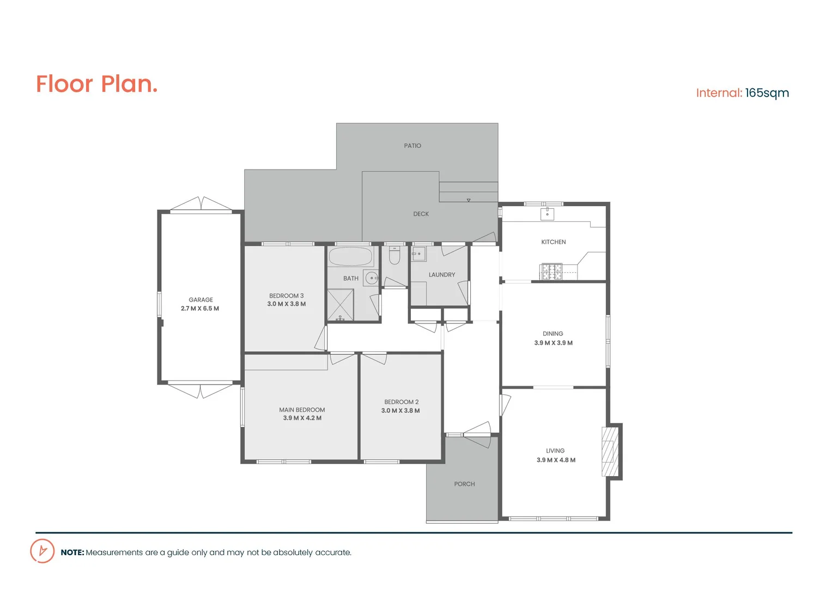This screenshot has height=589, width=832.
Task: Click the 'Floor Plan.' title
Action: pos(97,84)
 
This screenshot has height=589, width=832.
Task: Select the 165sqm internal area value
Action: pos(767,93)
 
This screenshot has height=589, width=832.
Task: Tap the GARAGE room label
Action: pos(201,299)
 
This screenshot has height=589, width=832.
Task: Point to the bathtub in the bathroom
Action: pos(350,256)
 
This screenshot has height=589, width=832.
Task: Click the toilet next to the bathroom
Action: pos(394,256)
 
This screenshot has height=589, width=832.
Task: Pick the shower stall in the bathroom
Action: pos(340,305)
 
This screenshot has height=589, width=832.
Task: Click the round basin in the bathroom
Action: pos(372,278)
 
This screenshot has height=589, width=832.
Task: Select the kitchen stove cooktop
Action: pos(551,271)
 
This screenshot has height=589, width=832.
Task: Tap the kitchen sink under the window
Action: pos(547,213)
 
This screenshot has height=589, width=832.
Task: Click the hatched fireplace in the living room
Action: pos(610,451)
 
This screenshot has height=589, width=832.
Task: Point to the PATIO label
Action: pos(412,146)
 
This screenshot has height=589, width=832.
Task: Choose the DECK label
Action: pos(421,214)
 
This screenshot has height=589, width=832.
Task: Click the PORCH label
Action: pos(464,484)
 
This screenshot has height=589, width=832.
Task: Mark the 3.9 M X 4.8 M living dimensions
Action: pos(556,460)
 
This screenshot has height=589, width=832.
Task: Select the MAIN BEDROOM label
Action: pos(302,410)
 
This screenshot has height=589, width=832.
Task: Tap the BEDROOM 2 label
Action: pos(401,402)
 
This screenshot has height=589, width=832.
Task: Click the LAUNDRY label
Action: pos(441,275)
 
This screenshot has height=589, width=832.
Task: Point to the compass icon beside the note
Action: pos(42,551)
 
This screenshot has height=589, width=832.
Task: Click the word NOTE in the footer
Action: pos(72,552)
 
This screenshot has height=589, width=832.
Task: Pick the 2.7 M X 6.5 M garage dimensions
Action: pos(200,309)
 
